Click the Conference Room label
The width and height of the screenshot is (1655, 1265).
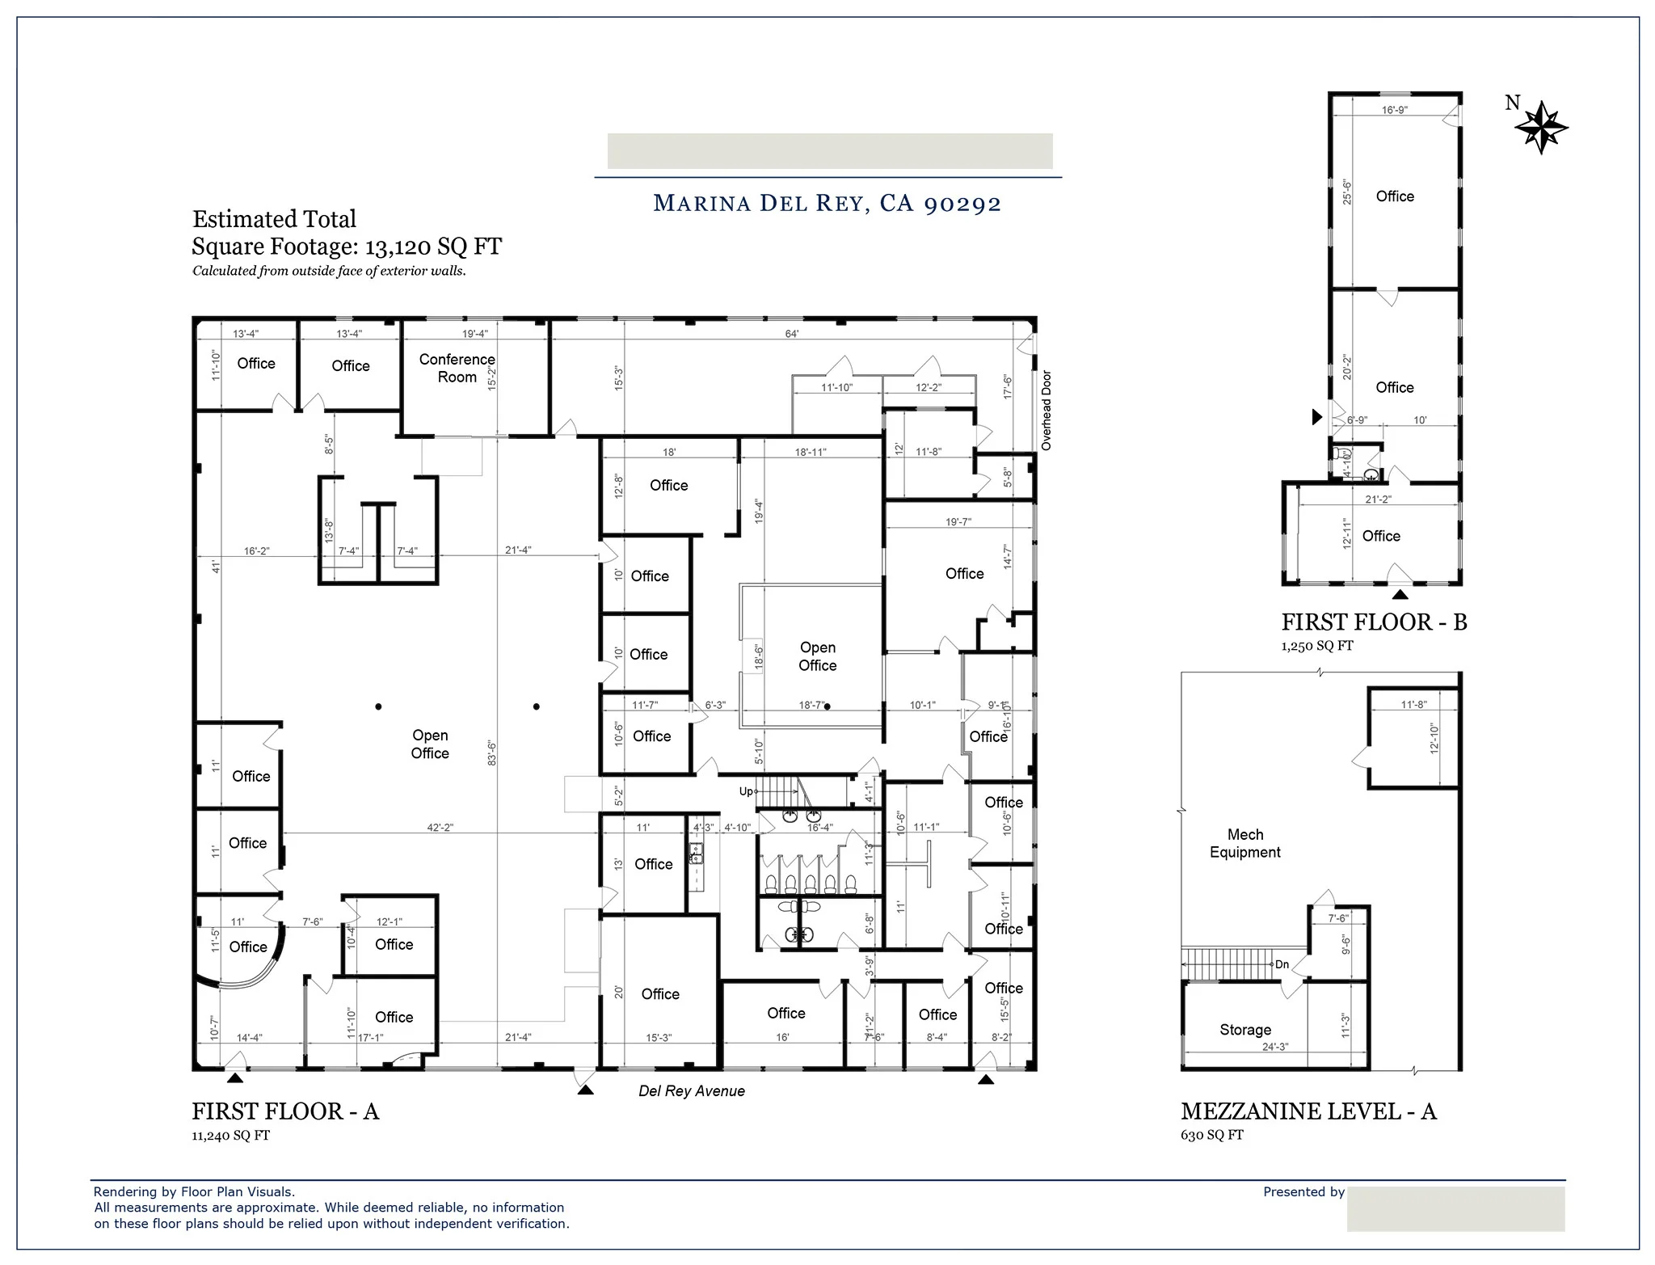click(x=457, y=368)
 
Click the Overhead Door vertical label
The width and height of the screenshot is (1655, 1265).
click(x=1046, y=410)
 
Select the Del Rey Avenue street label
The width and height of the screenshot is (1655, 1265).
click(x=691, y=1091)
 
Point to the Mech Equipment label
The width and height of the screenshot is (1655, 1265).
click(x=1244, y=843)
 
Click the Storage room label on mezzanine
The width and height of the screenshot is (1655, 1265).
click(x=1244, y=1030)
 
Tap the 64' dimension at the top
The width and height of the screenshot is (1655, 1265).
click(x=792, y=334)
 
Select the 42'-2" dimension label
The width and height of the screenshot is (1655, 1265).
click(x=440, y=828)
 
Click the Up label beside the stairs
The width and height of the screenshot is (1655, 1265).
click(x=746, y=791)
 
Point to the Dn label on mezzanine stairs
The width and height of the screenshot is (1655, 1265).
click(x=1282, y=964)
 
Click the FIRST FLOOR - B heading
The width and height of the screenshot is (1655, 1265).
click(x=1374, y=622)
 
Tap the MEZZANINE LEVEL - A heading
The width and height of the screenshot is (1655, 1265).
click(x=1308, y=1111)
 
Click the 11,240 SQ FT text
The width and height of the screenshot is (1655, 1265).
click(x=230, y=1136)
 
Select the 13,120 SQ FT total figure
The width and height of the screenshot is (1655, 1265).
click(x=433, y=247)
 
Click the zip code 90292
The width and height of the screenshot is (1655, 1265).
click(x=962, y=203)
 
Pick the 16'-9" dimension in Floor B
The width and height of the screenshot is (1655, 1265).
click(x=1394, y=110)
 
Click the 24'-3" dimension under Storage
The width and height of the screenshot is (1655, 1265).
click(x=1274, y=1047)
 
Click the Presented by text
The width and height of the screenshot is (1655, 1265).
click(x=1303, y=1191)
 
